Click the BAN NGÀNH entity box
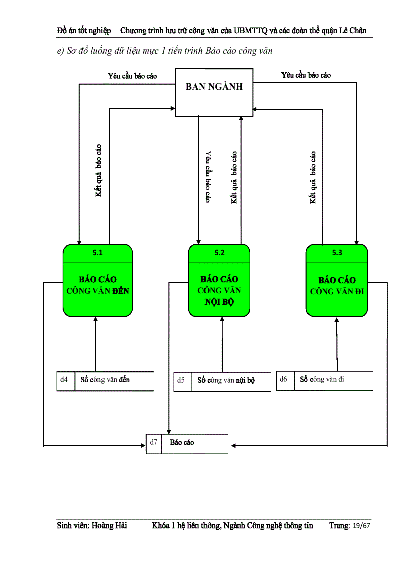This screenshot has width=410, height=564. coord(214,93)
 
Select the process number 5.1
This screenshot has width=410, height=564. coord(98,253)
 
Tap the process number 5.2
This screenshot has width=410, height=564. coord(219,253)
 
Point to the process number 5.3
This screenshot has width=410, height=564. coord(337,253)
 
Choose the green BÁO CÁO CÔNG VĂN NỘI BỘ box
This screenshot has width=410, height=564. coord(219,290)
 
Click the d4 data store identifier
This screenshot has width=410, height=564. coord(64,380)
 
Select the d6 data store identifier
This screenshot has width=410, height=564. coord(284,379)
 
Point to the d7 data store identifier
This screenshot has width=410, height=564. coord(154,442)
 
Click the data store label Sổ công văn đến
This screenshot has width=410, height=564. coord(105,380)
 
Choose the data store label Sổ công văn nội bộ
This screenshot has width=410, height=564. coord(226,380)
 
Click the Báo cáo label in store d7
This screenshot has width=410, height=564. coord(182,442)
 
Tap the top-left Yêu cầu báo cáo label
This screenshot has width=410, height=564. coord(132,76)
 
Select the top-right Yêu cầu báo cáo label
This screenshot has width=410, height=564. coord(306,75)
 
